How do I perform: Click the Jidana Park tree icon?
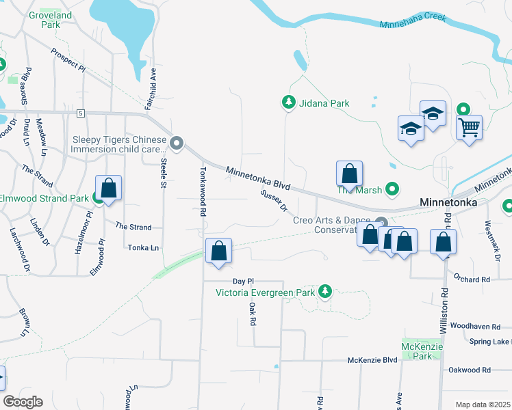point(289,103)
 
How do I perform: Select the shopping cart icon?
point(470,126)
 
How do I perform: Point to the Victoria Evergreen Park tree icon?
point(325,292)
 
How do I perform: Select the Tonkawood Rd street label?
point(203,191)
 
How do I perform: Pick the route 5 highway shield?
point(80,112)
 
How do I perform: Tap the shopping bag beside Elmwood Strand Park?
point(109,188)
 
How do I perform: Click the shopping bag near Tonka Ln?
point(219,251)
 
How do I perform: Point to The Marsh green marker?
point(392,189)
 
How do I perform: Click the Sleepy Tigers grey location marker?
point(177,143)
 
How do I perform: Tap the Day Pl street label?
point(243,281)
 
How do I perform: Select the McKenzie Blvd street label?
point(372,360)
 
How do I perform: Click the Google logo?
point(23,402)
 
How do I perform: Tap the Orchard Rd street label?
point(472,279)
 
